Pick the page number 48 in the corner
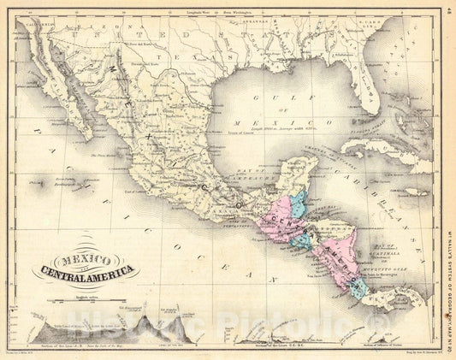pyautogui.click(x=447, y=12)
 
